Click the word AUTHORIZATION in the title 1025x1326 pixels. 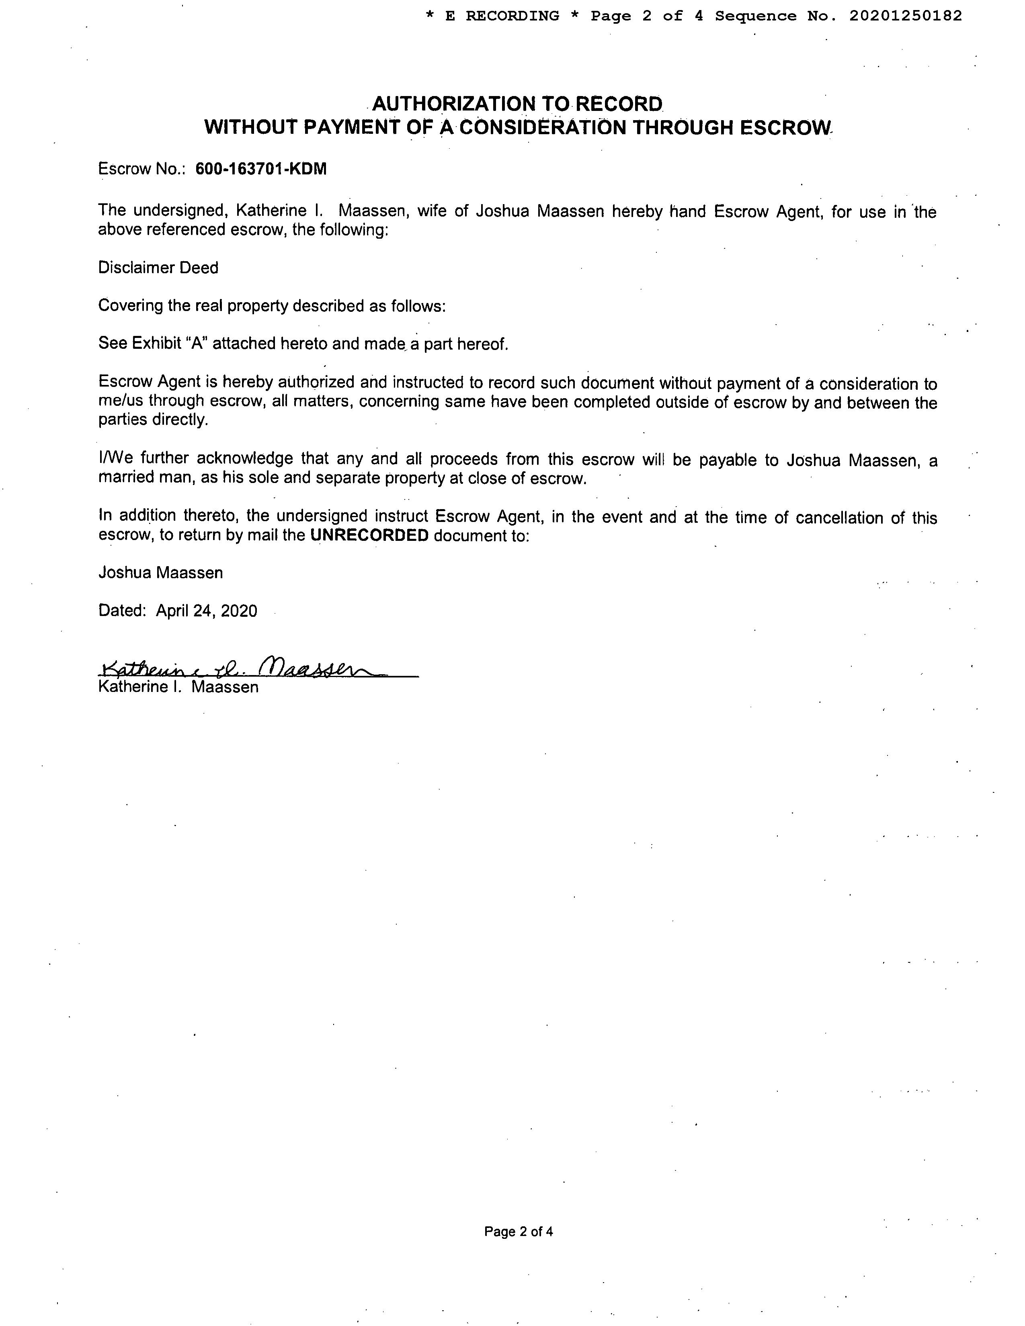pos(454,104)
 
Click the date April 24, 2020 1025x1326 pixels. pos(207,611)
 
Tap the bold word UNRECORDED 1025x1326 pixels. pos(369,536)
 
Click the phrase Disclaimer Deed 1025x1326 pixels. pos(158,268)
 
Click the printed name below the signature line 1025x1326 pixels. pos(178,687)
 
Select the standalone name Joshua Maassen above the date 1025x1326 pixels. pos(160,573)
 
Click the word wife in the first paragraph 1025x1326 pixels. pos(432,211)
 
